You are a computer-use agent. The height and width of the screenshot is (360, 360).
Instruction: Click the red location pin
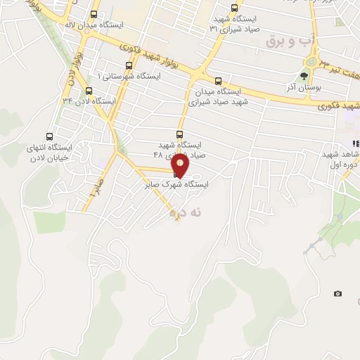click(x=181, y=165)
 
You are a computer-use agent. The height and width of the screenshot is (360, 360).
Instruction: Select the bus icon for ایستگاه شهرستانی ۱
click(x=128, y=65)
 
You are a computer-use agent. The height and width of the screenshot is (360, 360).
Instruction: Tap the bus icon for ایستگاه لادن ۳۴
click(x=89, y=91)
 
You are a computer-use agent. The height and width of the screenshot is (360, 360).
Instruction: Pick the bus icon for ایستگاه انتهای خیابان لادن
click(x=49, y=136)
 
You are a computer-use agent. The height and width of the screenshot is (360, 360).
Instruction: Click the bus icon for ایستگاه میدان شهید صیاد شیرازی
click(x=218, y=81)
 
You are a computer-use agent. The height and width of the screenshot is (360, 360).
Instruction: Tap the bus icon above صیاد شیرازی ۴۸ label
click(x=179, y=134)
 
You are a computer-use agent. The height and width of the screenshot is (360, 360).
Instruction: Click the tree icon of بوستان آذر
click(x=304, y=77)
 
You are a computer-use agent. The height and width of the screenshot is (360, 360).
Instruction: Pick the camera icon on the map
click(x=337, y=293)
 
